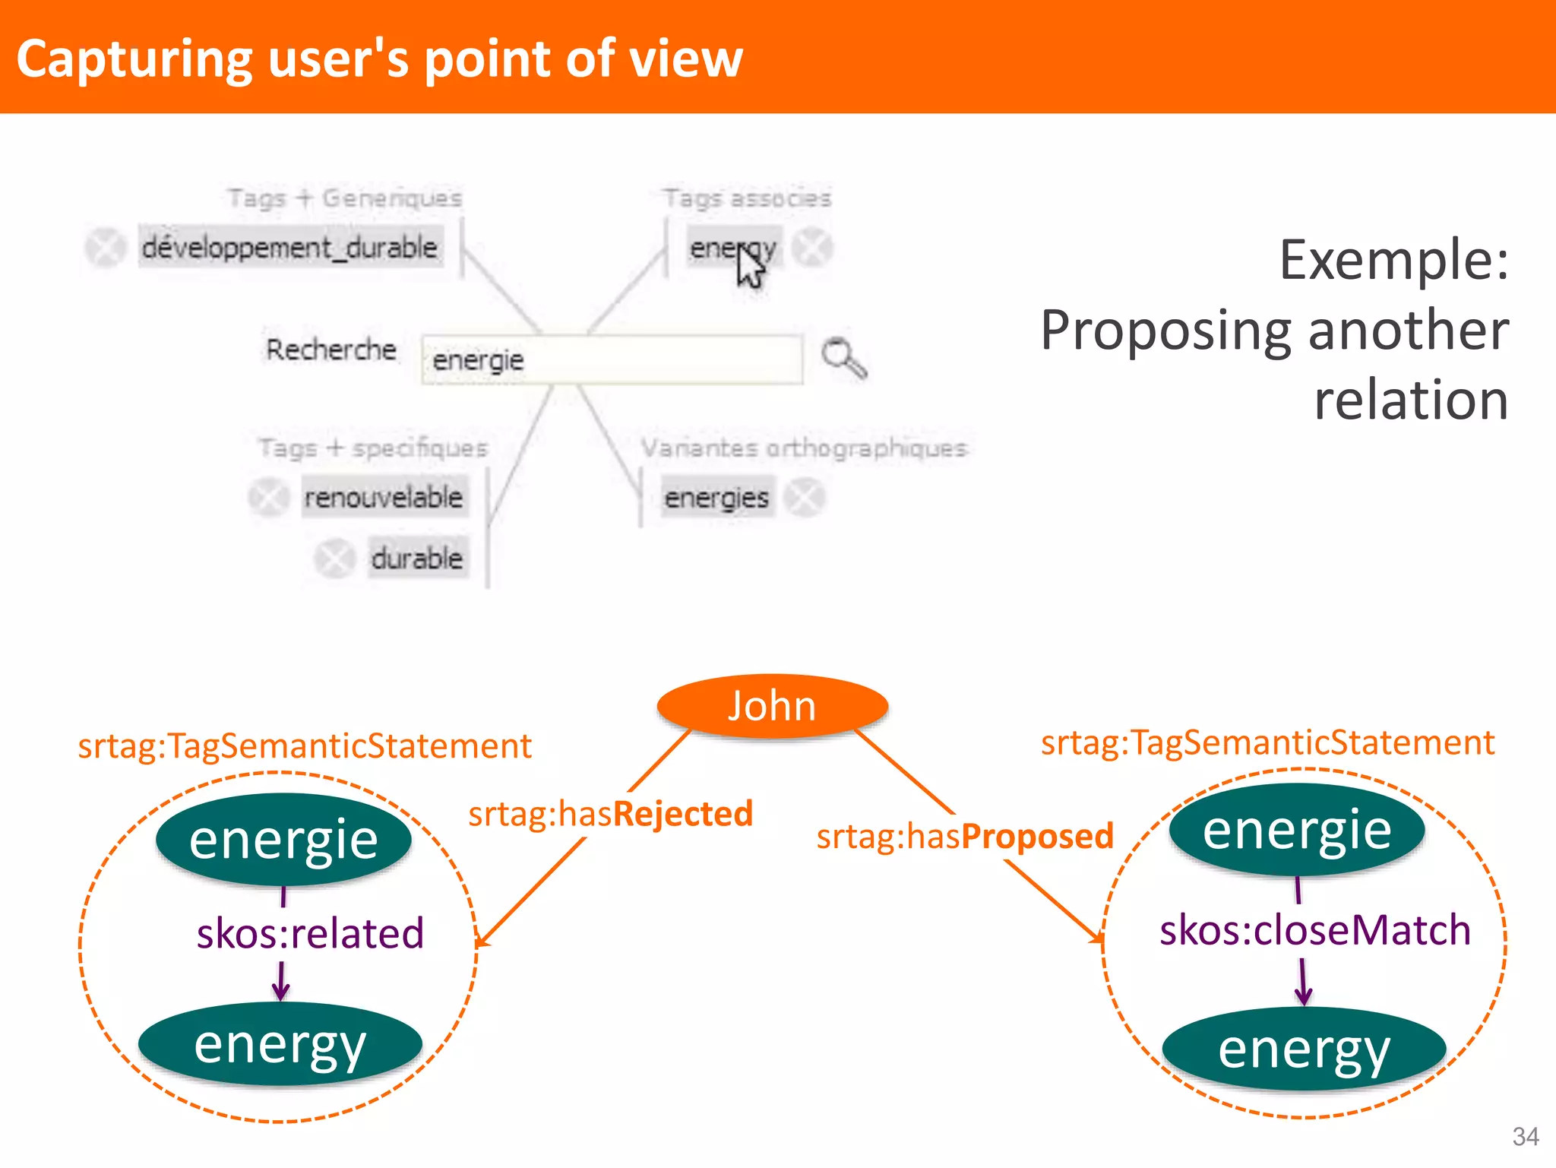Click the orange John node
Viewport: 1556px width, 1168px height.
click(772, 706)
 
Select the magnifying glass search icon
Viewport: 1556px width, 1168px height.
click(843, 357)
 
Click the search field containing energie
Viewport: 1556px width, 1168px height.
click(612, 359)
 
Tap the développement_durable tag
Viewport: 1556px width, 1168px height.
click(290, 248)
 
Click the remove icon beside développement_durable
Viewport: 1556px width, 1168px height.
click(105, 248)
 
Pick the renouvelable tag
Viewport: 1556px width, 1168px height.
click(384, 498)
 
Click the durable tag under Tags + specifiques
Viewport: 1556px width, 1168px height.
click(417, 559)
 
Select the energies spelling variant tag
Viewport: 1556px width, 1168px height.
click(716, 498)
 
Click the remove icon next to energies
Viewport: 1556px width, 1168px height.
click(805, 498)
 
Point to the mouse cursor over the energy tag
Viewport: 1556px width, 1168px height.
click(750, 267)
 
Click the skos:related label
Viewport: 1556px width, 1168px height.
click(310, 933)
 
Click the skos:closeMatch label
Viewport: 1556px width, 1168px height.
click(1315, 930)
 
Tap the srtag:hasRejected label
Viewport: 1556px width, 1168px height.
click(610, 814)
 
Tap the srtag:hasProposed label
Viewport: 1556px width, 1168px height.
click(965, 836)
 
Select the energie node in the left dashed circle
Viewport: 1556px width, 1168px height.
click(283, 839)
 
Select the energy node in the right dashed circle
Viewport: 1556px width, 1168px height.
click(1304, 1049)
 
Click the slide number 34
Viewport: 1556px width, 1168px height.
click(1525, 1136)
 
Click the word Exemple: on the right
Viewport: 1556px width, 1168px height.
click(1393, 260)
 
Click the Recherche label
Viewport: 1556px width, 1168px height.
click(331, 350)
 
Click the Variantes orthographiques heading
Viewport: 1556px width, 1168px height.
click(804, 448)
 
